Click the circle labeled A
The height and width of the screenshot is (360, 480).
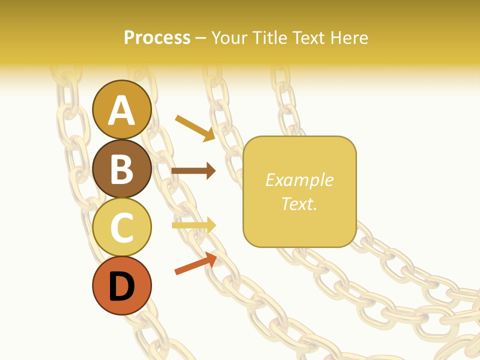[121, 109]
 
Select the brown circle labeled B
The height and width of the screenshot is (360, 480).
[121, 168]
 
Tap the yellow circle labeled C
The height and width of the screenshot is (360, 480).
[121, 227]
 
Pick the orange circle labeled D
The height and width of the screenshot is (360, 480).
[121, 286]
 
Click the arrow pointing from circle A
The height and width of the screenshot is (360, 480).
[194, 127]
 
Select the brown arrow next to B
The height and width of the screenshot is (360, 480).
[193, 171]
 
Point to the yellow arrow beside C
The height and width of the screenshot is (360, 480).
[193, 225]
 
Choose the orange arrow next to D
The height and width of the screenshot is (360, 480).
[195, 263]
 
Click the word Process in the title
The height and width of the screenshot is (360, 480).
[157, 37]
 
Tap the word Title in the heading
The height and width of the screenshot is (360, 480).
[270, 37]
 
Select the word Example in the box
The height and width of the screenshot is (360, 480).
[299, 180]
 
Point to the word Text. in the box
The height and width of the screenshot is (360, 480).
[299, 203]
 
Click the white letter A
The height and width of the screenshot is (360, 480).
[121, 110]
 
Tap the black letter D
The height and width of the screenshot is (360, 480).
[121, 287]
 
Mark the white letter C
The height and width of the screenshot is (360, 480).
[121, 228]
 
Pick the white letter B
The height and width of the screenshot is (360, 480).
[121, 169]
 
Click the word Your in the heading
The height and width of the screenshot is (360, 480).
[230, 37]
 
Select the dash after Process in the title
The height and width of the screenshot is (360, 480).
[200, 38]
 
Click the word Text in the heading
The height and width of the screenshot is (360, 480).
[308, 37]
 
